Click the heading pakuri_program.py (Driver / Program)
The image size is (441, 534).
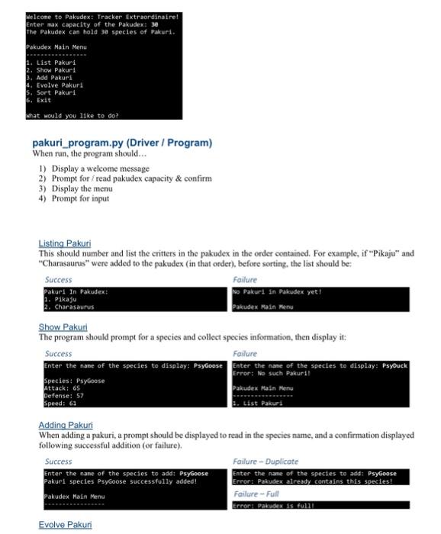(x=122, y=143)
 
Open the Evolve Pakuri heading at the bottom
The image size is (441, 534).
(x=65, y=525)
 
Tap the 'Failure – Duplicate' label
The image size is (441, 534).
(x=265, y=462)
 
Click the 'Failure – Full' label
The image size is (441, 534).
(x=257, y=494)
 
